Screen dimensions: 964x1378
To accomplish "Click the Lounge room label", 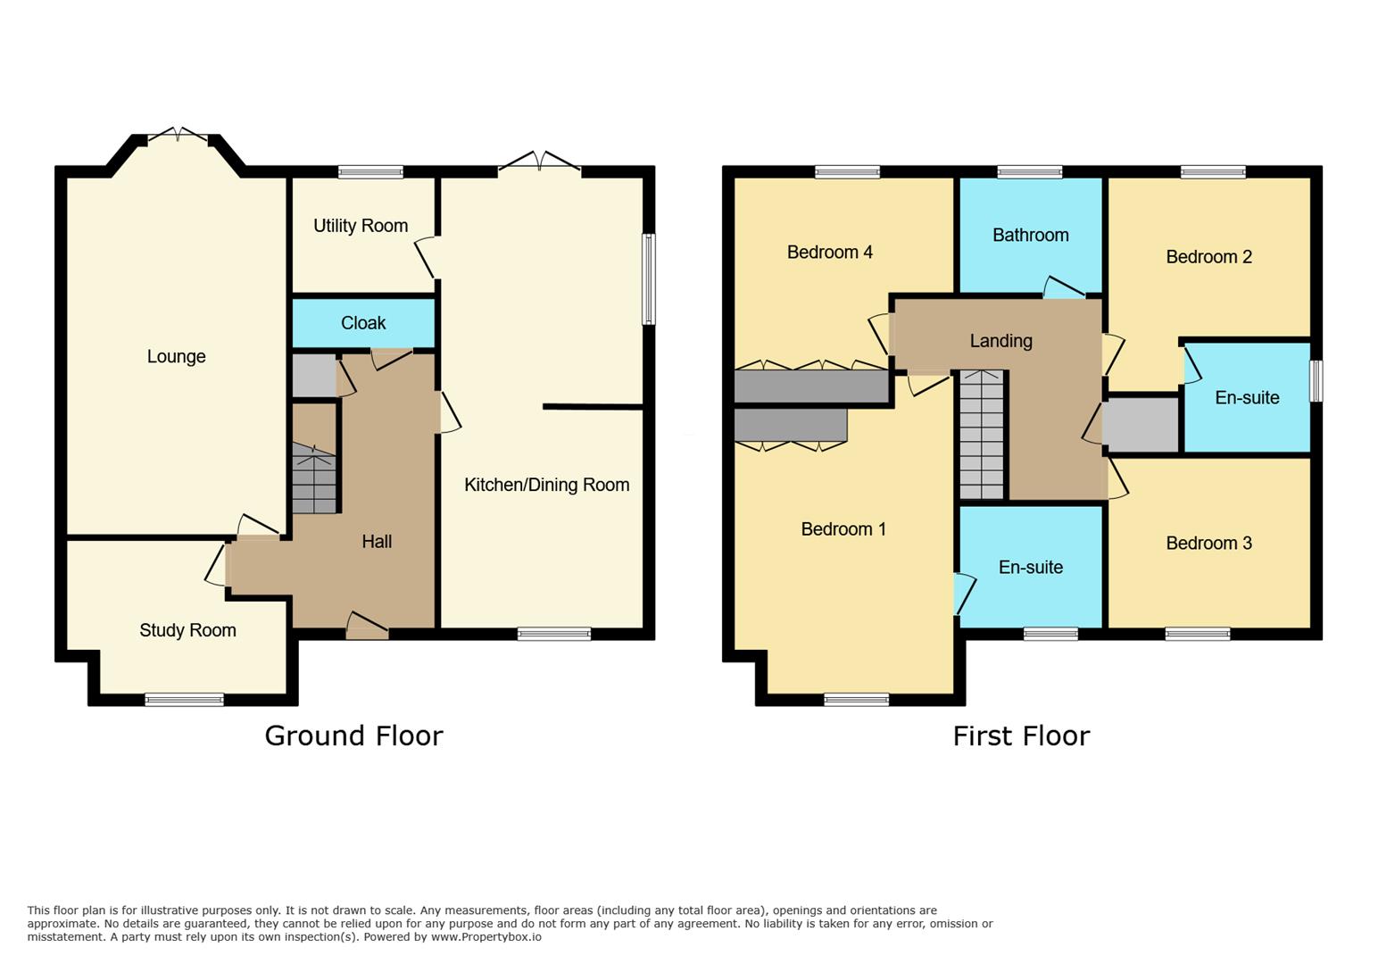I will click(176, 357).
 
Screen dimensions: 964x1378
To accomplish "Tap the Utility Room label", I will click(361, 226).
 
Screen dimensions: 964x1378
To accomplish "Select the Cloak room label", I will click(363, 323).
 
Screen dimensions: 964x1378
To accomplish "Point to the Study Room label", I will click(187, 630).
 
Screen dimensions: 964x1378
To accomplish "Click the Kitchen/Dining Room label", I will click(546, 485).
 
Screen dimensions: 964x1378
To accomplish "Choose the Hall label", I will click(377, 541).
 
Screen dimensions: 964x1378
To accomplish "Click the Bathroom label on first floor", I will click(1030, 235).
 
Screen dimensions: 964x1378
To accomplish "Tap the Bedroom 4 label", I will click(829, 252).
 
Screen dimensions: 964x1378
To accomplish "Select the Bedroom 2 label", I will click(1208, 257).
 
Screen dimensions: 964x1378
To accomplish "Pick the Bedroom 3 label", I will click(1208, 543).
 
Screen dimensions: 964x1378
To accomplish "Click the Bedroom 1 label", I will click(843, 529).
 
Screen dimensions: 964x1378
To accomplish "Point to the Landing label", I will click(1000, 341).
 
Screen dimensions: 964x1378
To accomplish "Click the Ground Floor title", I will click(353, 735).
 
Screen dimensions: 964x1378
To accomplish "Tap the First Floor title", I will click(1021, 735).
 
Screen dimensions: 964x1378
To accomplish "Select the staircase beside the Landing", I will click(982, 435).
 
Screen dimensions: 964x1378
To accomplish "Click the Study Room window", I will click(185, 700).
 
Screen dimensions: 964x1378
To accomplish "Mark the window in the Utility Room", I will click(370, 172).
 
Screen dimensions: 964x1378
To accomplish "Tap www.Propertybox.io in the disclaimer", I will click(486, 937).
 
